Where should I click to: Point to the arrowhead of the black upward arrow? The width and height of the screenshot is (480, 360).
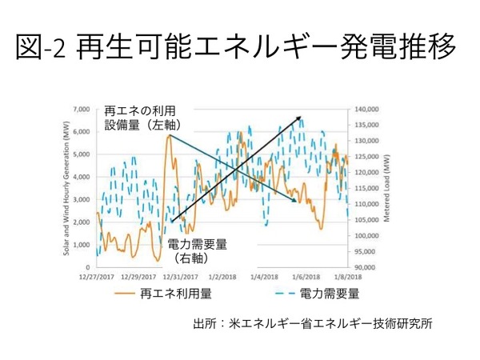[x=301, y=118]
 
